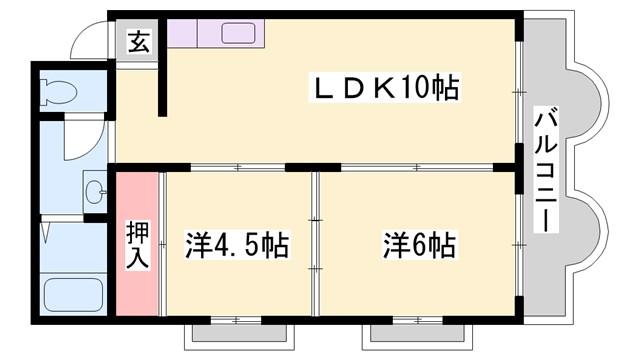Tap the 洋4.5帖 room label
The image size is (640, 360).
pos(238,245)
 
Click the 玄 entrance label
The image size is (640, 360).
pos(139,44)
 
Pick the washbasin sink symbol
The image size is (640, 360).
pos(95,190)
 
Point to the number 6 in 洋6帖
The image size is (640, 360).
pos(421,244)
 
